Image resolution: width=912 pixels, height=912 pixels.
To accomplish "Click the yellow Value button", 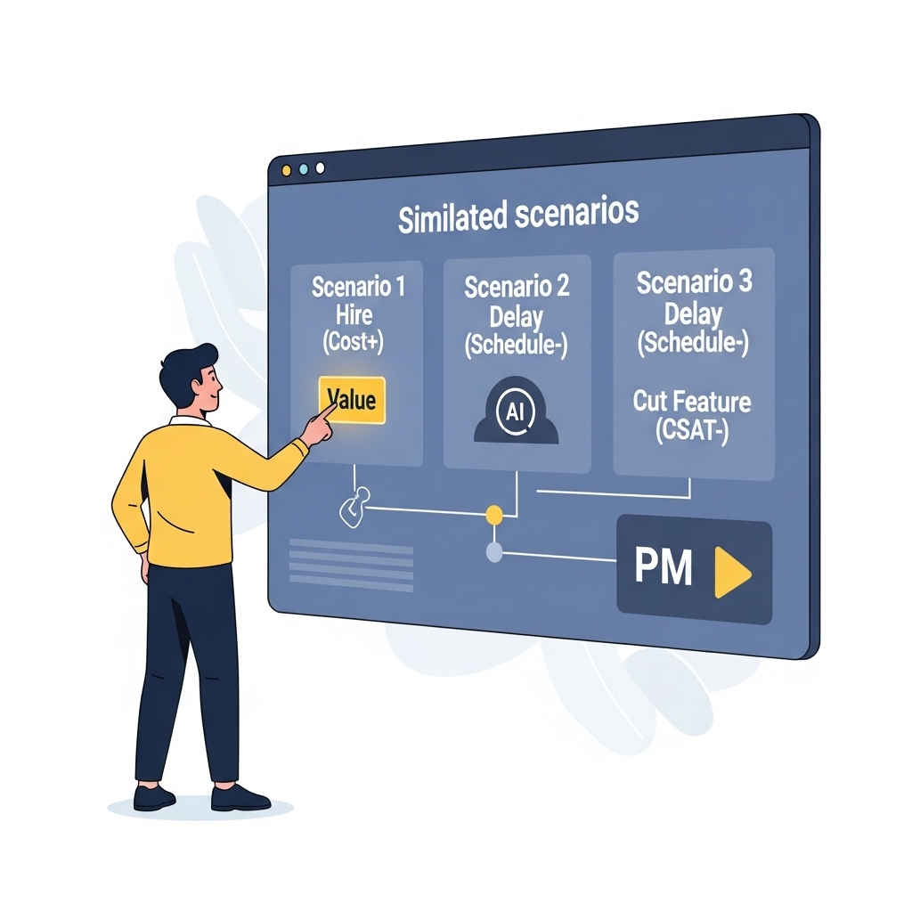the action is point(352,399).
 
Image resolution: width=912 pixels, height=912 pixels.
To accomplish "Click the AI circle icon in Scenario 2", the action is point(516,411).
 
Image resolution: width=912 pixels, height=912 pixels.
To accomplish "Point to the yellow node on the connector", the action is point(494,514).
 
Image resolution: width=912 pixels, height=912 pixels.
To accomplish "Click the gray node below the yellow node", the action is point(494,553).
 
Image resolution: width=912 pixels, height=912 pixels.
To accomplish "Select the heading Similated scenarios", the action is point(518,216).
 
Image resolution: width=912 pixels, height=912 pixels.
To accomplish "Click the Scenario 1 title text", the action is point(358,287).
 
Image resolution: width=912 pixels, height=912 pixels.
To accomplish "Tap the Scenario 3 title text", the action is point(694,282).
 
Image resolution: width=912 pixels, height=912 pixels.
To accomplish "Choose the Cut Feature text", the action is point(692,402).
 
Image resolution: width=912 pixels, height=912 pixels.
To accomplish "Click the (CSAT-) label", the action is point(692,430).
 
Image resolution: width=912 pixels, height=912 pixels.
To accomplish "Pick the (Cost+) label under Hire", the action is point(354,343).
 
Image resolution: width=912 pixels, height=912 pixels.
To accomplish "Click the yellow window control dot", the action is point(287,169).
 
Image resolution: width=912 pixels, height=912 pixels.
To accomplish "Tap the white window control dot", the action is point(321,167).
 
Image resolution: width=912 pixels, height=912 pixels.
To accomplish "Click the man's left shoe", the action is point(153,797).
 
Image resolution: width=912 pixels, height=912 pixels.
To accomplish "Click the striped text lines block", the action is point(351,564).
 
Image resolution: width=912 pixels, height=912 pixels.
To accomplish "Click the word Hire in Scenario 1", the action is point(354,315).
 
